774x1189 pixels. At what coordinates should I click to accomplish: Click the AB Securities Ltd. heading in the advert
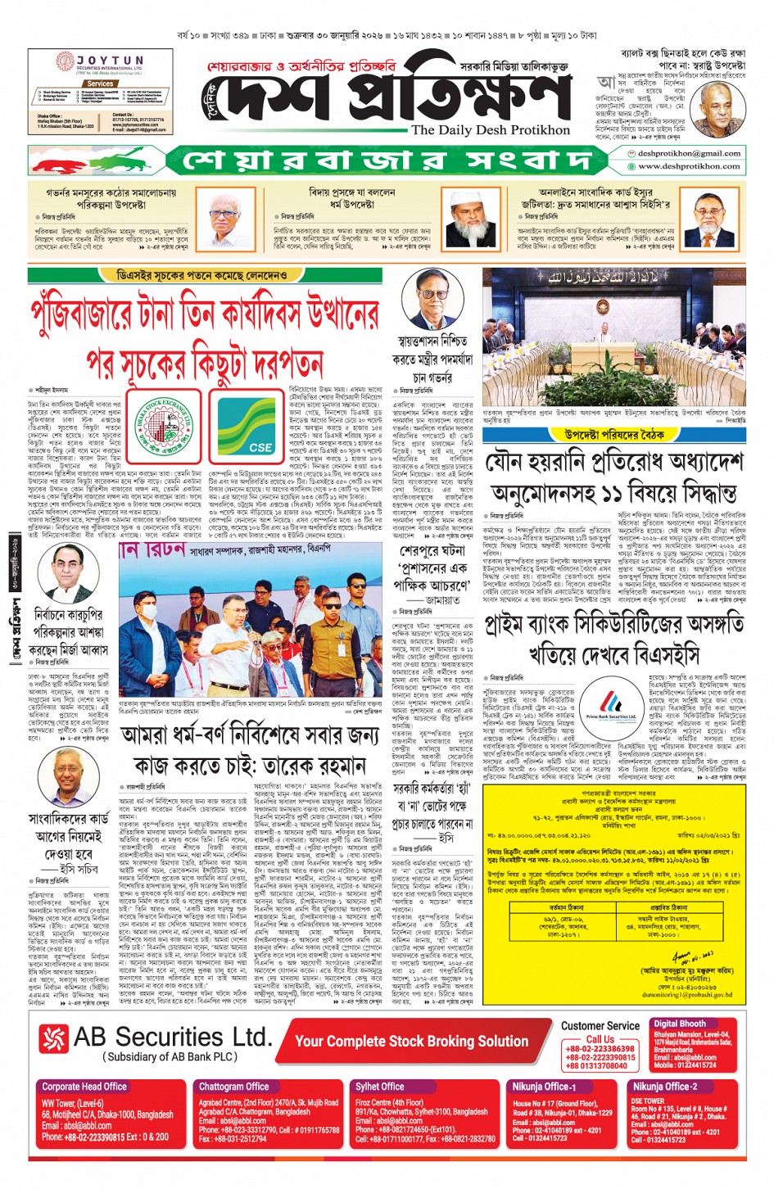click(172, 1037)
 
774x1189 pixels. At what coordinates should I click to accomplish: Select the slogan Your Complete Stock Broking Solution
click(411, 1041)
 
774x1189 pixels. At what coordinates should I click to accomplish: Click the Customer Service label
click(600, 1025)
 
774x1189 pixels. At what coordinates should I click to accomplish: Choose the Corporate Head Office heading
click(84, 1086)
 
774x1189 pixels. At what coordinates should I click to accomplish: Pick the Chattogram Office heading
click(233, 1086)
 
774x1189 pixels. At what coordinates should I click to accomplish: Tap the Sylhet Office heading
click(379, 1086)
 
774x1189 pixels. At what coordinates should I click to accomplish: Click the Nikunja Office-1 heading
click(544, 1087)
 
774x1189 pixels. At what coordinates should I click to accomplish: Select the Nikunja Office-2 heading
click(664, 1087)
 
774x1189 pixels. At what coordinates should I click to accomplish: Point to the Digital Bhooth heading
click(680, 1024)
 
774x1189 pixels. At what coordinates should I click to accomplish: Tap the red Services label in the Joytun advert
click(100, 84)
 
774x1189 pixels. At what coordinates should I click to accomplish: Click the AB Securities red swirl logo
click(54, 1039)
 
